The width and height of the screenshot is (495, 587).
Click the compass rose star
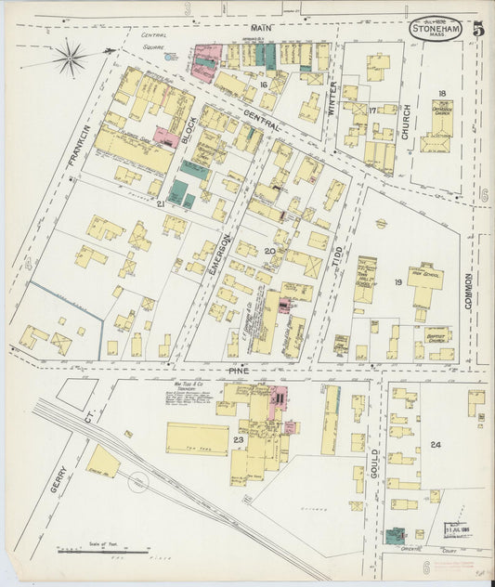click(x=71, y=59)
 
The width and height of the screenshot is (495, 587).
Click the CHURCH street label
click(x=406, y=122)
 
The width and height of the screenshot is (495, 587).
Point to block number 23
click(x=239, y=439)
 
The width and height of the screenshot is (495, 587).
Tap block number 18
click(x=442, y=93)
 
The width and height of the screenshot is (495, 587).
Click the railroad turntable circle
click(x=137, y=483)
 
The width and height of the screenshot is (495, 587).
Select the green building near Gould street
click(x=396, y=536)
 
